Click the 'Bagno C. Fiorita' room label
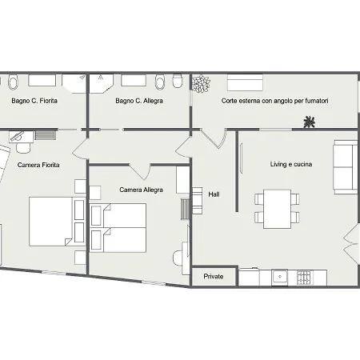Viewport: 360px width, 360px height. click(x=34, y=101)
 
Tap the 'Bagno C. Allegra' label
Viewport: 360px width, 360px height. click(x=139, y=101)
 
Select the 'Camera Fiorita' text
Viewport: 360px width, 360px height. click(x=38, y=165)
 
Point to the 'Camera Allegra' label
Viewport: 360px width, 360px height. click(x=141, y=190)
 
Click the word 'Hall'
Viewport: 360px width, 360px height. click(x=214, y=194)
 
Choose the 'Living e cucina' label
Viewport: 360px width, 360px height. click(x=291, y=164)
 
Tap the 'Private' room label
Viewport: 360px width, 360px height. click(x=214, y=277)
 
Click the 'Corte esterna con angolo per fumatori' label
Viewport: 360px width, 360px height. click(x=274, y=101)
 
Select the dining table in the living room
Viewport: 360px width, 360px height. click(x=277, y=209)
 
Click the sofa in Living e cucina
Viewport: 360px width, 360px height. click(x=346, y=167)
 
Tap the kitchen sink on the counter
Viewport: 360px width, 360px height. click(x=280, y=277)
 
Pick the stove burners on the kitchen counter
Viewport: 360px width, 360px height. click(x=304, y=278)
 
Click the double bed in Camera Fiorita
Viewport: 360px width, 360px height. click(x=50, y=222)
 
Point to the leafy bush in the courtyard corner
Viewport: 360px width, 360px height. click(x=202, y=84)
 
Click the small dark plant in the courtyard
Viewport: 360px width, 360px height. click(x=310, y=122)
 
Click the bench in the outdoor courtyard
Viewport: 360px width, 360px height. click(x=245, y=82)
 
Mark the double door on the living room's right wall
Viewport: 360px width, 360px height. click(x=350, y=243)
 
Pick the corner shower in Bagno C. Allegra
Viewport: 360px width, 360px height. click(x=101, y=83)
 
